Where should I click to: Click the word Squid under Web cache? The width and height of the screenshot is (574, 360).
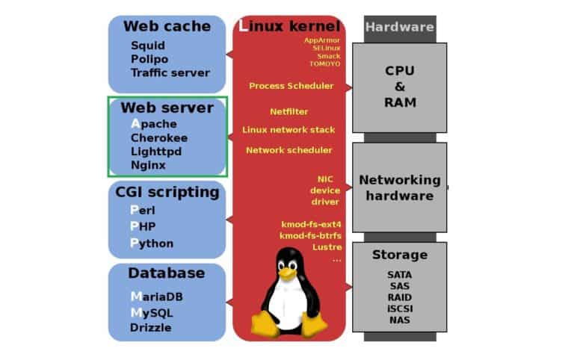point(147,45)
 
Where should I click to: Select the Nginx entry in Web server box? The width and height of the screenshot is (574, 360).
point(148,165)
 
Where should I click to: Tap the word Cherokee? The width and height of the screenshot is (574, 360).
point(158,137)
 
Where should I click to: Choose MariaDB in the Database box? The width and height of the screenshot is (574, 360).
point(156,297)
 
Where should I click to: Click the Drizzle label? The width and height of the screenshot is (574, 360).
point(150,327)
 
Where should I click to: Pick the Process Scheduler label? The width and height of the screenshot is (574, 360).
point(291,86)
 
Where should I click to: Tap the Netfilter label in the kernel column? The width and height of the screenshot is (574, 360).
point(288,111)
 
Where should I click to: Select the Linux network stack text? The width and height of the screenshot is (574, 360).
point(288,129)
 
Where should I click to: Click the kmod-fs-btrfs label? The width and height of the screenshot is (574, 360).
point(310,235)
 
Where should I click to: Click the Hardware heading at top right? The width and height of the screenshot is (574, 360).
point(399,27)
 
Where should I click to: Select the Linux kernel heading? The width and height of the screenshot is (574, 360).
point(289,26)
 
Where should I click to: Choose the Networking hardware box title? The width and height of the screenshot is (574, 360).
point(399,187)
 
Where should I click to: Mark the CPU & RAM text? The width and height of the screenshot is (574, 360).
point(400,87)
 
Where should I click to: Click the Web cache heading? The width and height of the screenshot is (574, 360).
point(167,26)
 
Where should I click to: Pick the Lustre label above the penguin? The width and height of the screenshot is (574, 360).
point(327,246)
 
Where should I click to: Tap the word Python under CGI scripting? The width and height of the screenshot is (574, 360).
point(152,243)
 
